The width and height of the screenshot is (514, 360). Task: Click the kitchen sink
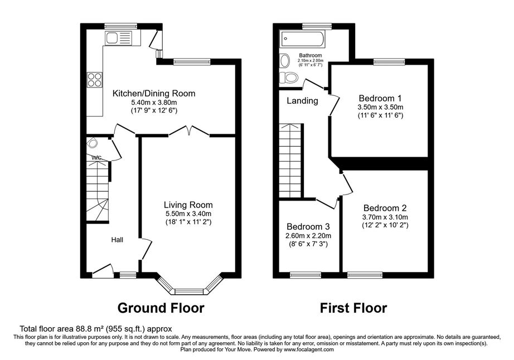pyautogui.click(x=118, y=38)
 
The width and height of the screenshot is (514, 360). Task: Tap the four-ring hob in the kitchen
pyautogui.click(x=94, y=80)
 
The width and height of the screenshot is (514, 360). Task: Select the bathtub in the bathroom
pyautogui.click(x=302, y=40)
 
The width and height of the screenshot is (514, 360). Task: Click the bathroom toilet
pyautogui.click(x=288, y=77)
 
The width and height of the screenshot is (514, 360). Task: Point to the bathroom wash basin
pyautogui.click(x=285, y=61)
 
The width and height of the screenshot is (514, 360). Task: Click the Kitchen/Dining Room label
pyautogui.click(x=154, y=94)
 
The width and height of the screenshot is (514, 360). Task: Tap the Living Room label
pyautogui.click(x=188, y=205)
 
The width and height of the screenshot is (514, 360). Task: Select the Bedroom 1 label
pyautogui.click(x=380, y=98)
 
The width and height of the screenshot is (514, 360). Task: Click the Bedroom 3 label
pyautogui.click(x=308, y=227)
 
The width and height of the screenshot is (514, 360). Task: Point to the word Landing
pyautogui.click(x=302, y=101)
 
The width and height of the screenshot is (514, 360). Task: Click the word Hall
pyautogui.click(x=117, y=240)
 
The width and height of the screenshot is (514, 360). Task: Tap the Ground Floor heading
pyautogui.click(x=161, y=308)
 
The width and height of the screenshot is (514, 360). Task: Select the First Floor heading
pyautogui.click(x=353, y=308)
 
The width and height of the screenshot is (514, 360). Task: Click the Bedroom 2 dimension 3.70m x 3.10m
pyautogui.click(x=385, y=217)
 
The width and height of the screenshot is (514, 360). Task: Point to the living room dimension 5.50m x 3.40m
pyautogui.click(x=188, y=214)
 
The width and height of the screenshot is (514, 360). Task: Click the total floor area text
pyautogui.click(x=96, y=329)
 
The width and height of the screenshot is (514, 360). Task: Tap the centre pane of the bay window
pyautogui.click(x=189, y=291)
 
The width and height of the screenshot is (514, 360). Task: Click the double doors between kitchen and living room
pyautogui.click(x=189, y=130)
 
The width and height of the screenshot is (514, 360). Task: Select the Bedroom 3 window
pyautogui.click(x=306, y=275)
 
